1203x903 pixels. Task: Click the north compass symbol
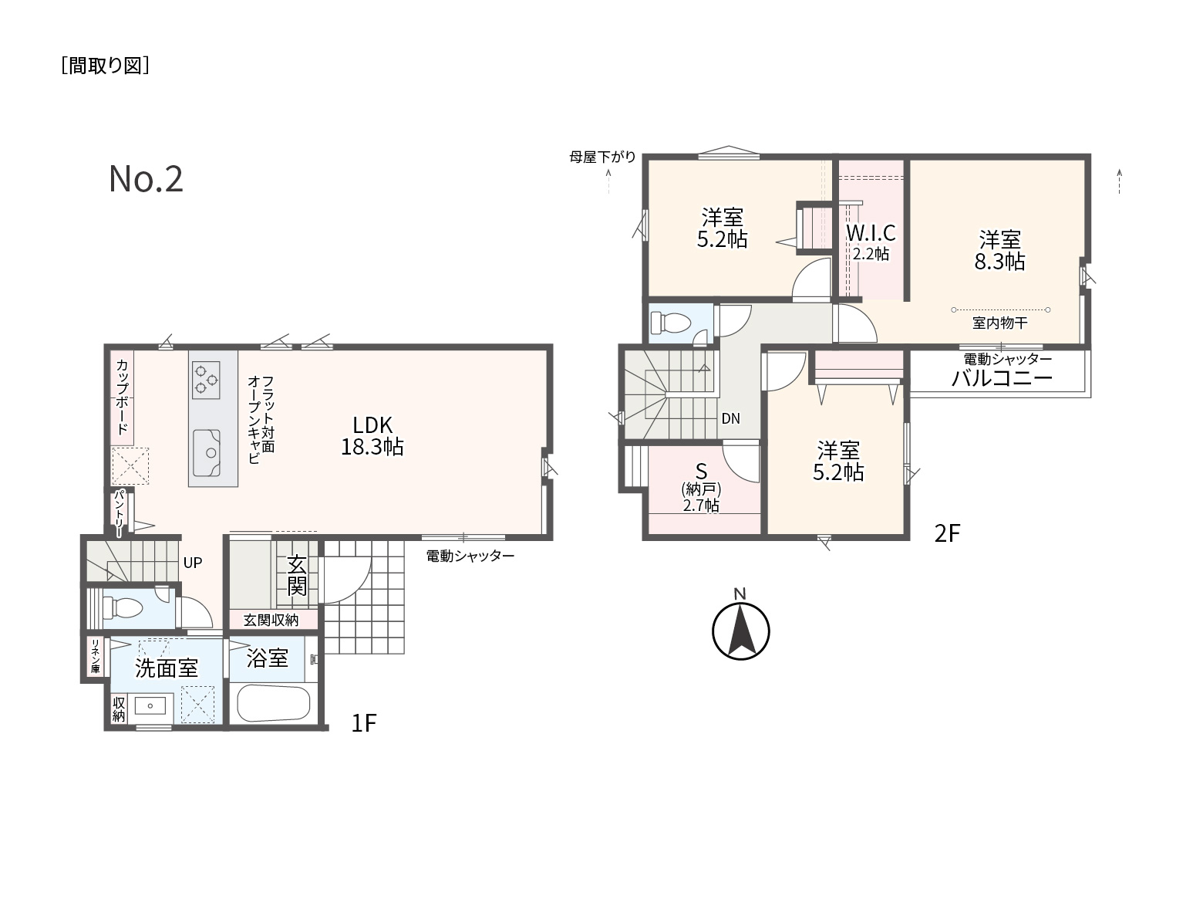tap(740, 631)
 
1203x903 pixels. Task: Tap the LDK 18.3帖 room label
tap(372, 436)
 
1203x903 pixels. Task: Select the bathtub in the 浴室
tap(274, 703)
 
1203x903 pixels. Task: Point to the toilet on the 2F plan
tap(669, 323)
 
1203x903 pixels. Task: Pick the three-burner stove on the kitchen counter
tap(206, 380)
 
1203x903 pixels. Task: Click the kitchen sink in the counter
tap(207, 453)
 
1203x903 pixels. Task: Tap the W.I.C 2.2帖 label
tap(871, 242)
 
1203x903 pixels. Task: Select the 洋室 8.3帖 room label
tap(999, 250)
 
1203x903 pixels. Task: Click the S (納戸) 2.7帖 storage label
tap(701, 488)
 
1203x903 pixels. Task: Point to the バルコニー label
tap(1002, 378)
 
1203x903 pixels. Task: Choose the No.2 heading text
tap(146, 179)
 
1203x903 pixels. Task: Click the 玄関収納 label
tap(271, 620)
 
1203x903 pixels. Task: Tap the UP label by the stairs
tap(192, 563)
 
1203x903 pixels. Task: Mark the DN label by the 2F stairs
tap(730, 418)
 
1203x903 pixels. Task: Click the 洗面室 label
tap(166, 668)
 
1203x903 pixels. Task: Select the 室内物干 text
tap(999, 323)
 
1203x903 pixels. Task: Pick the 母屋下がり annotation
tap(602, 157)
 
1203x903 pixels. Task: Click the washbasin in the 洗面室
tap(150, 706)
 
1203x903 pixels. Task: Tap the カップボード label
tap(122, 397)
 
